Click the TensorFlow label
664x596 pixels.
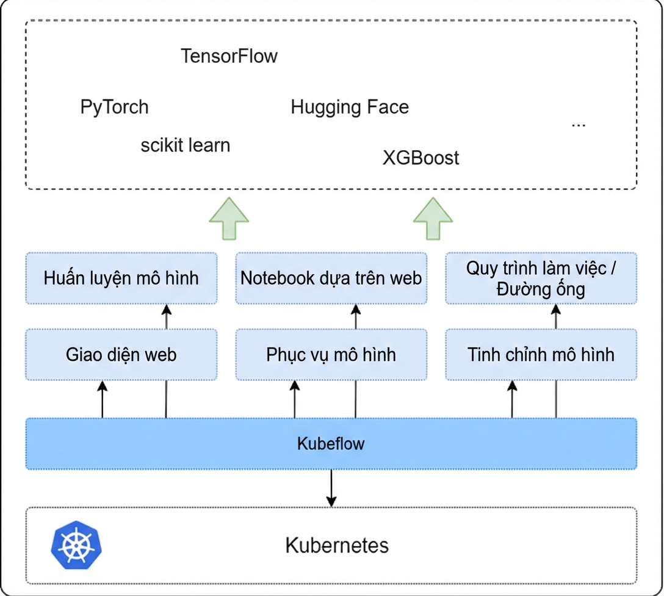coord(229,56)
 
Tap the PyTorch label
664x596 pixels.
coord(114,107)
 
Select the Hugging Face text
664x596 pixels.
coord(350,107)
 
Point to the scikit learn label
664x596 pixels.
coord(186,145)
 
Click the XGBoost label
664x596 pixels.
coord(420,158)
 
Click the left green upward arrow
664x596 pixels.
coord(229,219)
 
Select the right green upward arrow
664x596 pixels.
coord(433,219)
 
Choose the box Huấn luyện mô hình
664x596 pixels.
coord(121,278)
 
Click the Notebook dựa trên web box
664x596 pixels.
coord(331,278)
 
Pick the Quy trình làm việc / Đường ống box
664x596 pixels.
coord(541,278)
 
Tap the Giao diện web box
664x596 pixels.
coord(121,355)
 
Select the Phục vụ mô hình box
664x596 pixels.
coord(331,355)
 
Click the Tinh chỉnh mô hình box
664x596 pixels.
coord(541,355)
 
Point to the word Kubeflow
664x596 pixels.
coord(331,443)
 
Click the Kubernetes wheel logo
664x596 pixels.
coord(76,545)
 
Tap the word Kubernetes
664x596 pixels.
coord(337,545)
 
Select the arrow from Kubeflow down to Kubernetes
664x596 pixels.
coord(331,488)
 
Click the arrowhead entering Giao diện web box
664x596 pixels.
coord(102,385)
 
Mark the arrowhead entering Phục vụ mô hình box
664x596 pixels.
coord(295,385)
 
